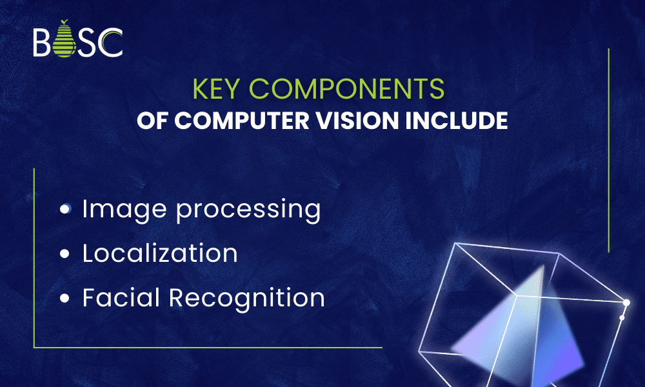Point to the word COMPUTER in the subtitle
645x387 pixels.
coord(230,121)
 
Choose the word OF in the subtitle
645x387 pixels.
coord(150,121)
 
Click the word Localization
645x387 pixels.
coord(160,253)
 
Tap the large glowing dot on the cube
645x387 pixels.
coord(626,303)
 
